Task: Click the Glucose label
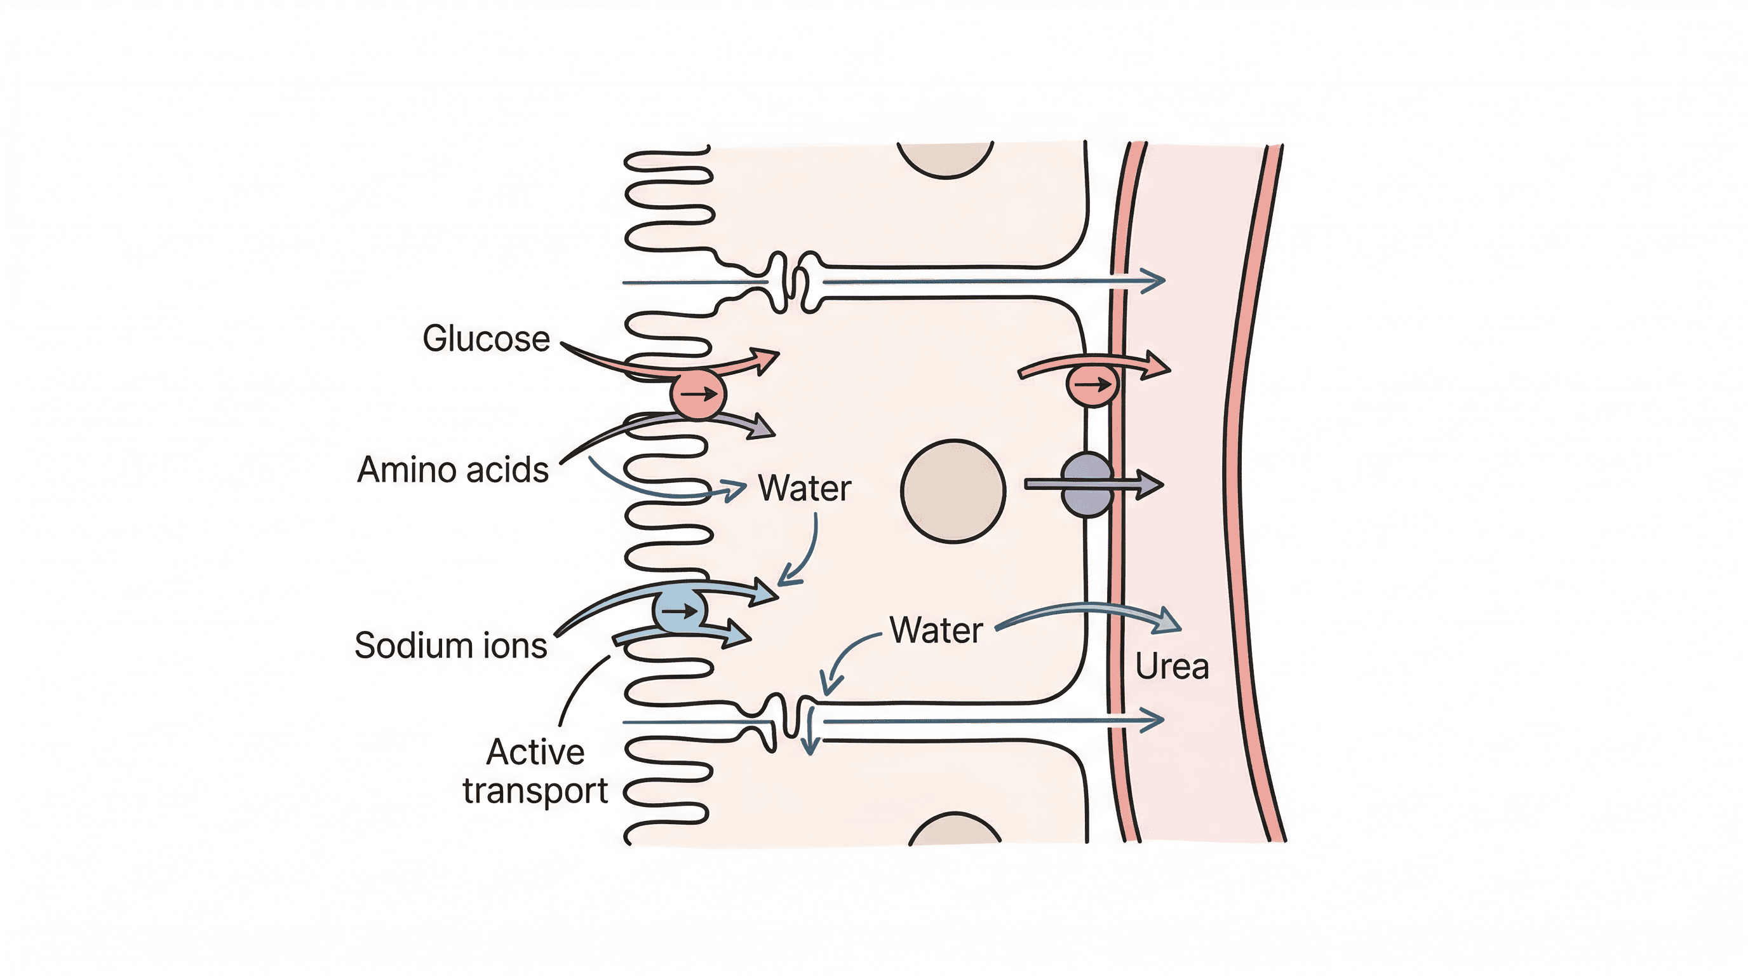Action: (486, 338)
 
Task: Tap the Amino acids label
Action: (453, 469)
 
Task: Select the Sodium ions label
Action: (450, 645)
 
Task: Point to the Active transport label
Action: (535, 771)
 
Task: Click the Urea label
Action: (1172, 667)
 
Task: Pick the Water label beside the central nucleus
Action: (804, 488)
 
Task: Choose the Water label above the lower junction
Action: (936, 630)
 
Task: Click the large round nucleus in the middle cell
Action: (953, 491)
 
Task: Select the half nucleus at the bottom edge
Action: (955, 830)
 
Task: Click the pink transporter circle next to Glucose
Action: (698, 394)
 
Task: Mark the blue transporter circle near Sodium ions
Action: (679, 611)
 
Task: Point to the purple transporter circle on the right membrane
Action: (1087, 485)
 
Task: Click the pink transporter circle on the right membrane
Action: (1092, 385)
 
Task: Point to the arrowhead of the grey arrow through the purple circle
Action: (1151, 484)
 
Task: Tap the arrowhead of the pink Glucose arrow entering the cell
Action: (767, 358)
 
